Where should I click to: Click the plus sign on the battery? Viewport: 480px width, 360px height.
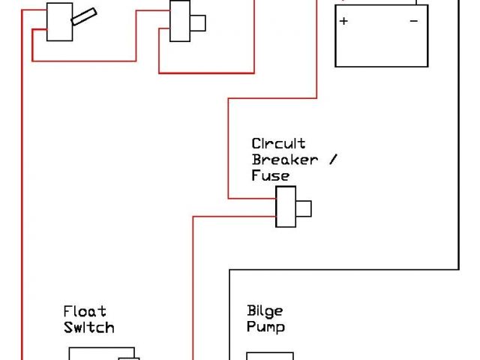click(344, 21)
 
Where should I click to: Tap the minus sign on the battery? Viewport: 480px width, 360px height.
click(414, 21)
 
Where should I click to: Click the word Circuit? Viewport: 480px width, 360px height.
click(278, 143)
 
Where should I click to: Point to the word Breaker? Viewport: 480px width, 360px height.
click(284, 160)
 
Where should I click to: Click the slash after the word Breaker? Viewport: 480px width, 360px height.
click(333, 160)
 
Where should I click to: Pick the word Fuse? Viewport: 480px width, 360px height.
click(270, 176)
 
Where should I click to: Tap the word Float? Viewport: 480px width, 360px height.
click(85, 311)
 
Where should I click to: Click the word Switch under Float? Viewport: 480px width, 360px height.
click(88, 328)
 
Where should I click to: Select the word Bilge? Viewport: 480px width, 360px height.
click(264, 311)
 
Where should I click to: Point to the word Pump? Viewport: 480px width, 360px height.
click(265, 328)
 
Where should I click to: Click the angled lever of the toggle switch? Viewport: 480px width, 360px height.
click(83, 17)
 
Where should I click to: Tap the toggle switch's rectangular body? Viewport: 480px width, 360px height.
click(58, 20)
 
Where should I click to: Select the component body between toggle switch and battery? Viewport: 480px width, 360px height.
click(180, 21)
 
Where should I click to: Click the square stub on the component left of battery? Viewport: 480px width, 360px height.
click(198, 23)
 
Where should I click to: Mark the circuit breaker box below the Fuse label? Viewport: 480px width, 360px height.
click(286, 208)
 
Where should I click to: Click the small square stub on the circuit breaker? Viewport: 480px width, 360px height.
click(304, 208)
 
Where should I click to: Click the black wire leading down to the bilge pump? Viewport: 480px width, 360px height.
click(229, 315)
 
